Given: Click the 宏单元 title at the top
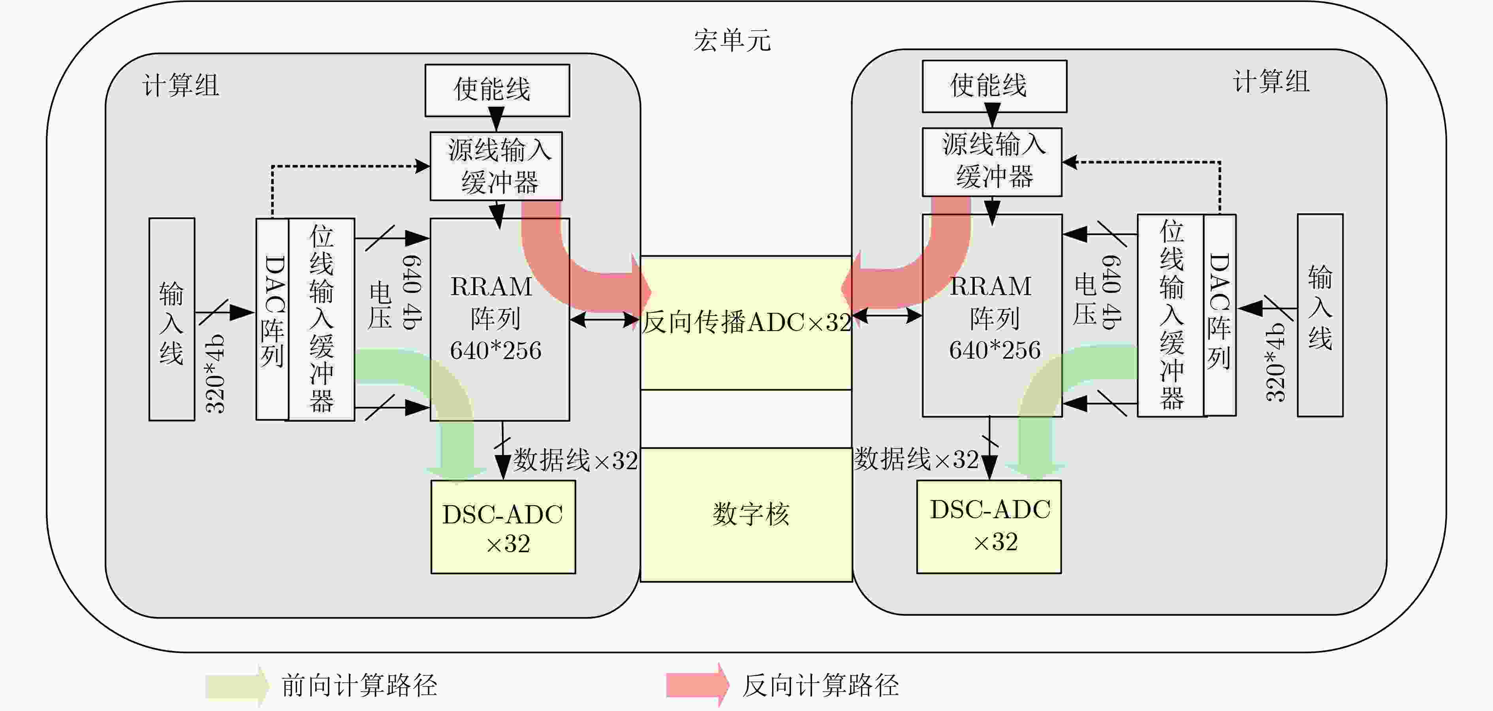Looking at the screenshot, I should tap(732, 41).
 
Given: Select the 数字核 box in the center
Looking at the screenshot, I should tap(746, 515).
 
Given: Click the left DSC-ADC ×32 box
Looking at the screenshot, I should tap(503, 527).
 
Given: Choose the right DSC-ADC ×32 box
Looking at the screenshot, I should tap(989, 526).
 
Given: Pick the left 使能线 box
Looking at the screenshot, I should tap(497, 90).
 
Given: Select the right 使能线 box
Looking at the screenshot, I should tap(994, 86).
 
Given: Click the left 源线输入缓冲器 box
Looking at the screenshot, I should tap(496, 166).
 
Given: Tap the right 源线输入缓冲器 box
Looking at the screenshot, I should tap(992, 162).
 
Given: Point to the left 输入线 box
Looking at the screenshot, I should tap(171, 319).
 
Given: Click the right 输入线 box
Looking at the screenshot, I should tap(1320, 315).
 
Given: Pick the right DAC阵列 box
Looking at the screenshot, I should tap(1219, 315).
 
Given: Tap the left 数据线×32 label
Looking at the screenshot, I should tap(575, 461).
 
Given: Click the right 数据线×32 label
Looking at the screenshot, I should tap(916, 459).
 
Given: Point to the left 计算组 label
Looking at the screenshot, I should tap(181, 86).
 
